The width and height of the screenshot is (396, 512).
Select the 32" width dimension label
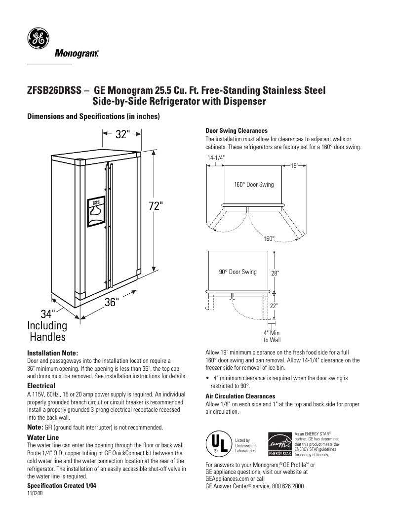tap(122, 134)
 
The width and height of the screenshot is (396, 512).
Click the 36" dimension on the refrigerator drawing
tap(112, 302)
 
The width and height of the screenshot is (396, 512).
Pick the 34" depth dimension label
tap(47, 314)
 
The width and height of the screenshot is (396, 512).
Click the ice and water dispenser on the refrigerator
tap(96, 211)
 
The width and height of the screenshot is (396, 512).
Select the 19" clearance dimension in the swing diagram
tap(294, 166)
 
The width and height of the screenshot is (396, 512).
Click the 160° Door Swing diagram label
tap(253, 184)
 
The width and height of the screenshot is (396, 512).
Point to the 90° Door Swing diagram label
tap(238, 272)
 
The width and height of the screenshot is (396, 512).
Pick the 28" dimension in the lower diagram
tap(275, 273)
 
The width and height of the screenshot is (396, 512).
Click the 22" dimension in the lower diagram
tap(274, 306)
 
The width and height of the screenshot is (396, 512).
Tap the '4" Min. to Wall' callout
tap(272, 336)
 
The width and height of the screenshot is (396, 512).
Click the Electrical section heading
tap(41, 385)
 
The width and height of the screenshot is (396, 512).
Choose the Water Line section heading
tap(43, 437)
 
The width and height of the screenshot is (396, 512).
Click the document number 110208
tap(35, 495)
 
